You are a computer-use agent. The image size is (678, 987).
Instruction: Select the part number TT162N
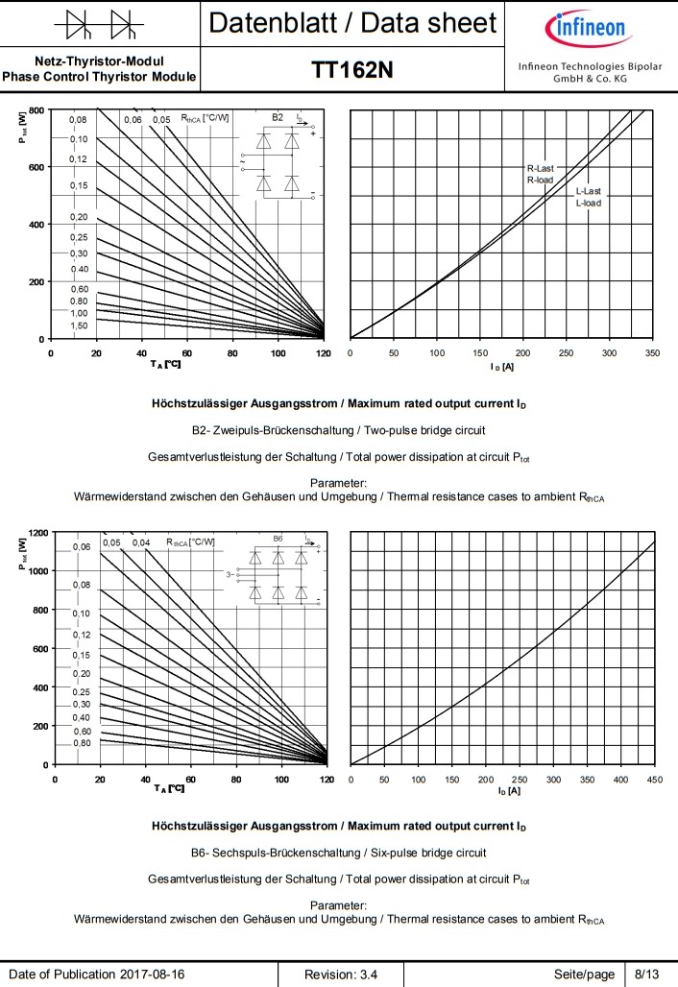coord(351,70)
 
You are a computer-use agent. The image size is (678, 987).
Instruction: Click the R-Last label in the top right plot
coord(540,168)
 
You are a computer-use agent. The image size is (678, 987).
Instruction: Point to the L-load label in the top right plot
coord(589,204)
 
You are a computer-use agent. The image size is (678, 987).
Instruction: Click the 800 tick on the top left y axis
coord(36,109)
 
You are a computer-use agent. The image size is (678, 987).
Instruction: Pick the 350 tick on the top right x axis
coord(652,353)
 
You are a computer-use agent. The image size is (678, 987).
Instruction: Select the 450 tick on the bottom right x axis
coord(654,779)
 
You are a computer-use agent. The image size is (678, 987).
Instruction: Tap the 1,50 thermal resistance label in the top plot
coord(79,326)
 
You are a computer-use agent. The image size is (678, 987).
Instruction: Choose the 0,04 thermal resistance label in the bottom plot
coord(141,543)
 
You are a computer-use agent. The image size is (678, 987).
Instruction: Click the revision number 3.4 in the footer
coord(341,975)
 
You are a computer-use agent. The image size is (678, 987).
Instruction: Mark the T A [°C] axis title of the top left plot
coord(165,365)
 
